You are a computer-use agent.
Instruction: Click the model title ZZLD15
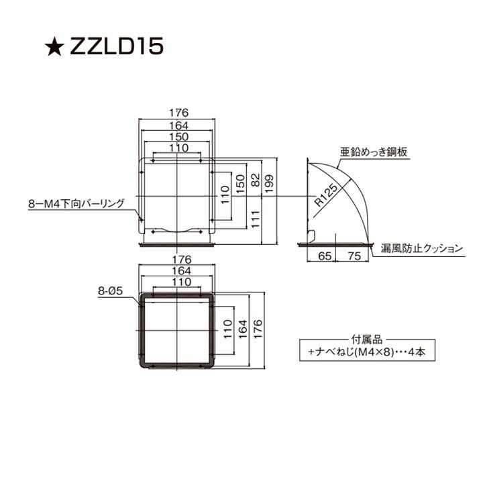coord(116,48)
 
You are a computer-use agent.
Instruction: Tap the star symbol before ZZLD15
coord(53,48)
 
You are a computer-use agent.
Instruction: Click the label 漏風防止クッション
coord(422,248)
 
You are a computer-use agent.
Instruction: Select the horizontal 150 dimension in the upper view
coord(177,136)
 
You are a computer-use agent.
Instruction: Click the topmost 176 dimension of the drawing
coord(177,113)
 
